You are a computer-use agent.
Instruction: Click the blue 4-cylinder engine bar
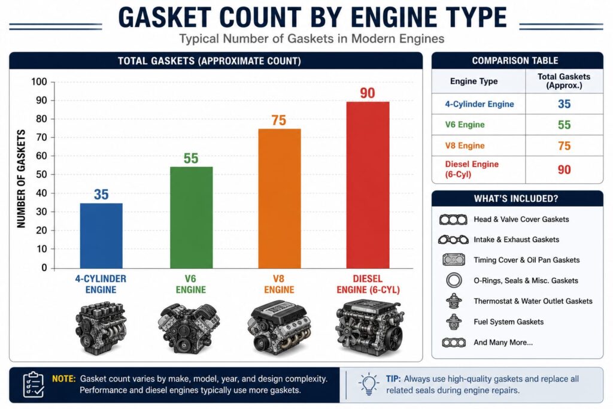pyautogui.click(x=101, y=236)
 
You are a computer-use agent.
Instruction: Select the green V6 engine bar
pyautogui.click(x=191, y=218)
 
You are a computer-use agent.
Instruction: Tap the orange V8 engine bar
pyautogui.click(x=280, y=199)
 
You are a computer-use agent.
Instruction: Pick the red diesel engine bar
pyautogui.click(x=368, y=185)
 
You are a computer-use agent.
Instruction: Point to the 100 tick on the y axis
pyautogui.click(x=39, y=81)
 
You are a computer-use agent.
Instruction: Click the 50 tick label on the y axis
pyautogui.click(x=41, y=174)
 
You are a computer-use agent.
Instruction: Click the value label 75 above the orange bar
pyautogui.click(x=279, y=120)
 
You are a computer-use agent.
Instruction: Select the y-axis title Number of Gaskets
pyautogui.click(x=21, y=178)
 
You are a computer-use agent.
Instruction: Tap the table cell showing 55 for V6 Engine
pyautogui.click(x=564, y=125)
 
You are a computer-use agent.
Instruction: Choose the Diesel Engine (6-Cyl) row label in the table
pyautogui.click(x=472, y=169)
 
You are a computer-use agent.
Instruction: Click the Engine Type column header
pyautogui.click(x=474, y=81)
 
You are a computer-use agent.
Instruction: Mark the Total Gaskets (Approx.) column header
pyautogui.click(x=564, y=81)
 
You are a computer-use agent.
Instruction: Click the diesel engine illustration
pyautogui.click(x=369, y=328)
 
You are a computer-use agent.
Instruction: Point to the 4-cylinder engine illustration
pyautogui.click(x=101, y=328)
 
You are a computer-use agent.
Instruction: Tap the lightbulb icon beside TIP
pyautogui.click(x=368, y=384)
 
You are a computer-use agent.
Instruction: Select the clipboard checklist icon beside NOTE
pyautogui.click(x=34, y=384)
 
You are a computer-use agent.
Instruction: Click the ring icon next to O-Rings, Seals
pyautogui.click(x=454, y=280)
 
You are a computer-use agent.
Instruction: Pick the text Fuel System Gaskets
pyautogui.click(x=508, y=322)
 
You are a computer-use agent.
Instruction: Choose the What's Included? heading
pyautogui.click(x=516, y=199)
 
